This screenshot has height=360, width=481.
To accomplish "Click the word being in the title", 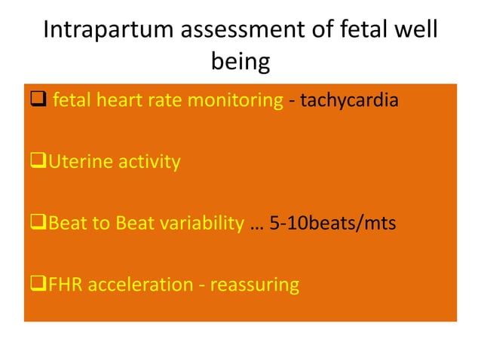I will [240, 62].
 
